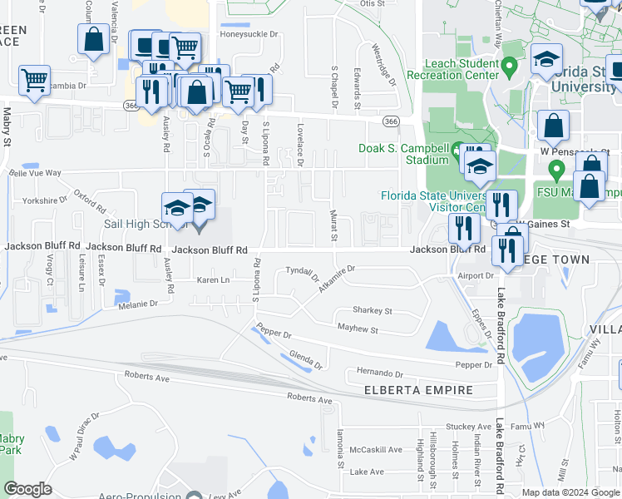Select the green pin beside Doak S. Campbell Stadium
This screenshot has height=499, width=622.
point(457,151)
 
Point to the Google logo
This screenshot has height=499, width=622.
point(27,489)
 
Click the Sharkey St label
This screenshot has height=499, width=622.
point(372,310)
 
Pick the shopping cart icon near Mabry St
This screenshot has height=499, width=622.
point(34,81)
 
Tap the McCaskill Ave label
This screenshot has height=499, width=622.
point(375,450)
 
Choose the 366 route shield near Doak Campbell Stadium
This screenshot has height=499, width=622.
point(389,121)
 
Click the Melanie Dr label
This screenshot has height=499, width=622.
point(137,304)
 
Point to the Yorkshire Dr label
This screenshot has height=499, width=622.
point(45,200)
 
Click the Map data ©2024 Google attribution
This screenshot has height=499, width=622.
point(570,492)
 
